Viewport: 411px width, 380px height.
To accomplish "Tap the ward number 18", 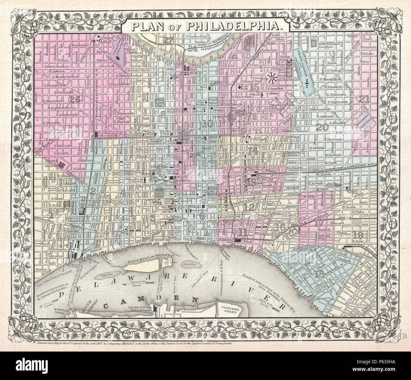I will pos(319,275).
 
